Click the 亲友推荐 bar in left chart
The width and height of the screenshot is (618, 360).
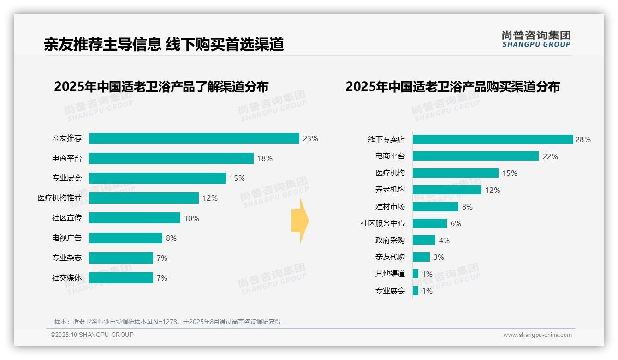point(194,138)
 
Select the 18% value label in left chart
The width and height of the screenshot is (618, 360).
point(265,158)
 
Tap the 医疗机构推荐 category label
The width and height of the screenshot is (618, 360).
point(59,198)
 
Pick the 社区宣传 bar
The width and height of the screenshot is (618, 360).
point(134,218)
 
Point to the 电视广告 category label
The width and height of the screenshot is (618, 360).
point(66,238)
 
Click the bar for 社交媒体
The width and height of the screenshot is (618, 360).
point(121,278)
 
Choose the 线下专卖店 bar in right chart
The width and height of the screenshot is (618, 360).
point(493,139)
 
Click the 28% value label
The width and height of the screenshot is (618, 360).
point(583,139)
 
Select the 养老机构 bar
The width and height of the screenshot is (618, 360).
point(447,190)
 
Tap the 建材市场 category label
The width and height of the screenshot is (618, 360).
point(390,207)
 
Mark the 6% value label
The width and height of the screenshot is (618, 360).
point(456,223)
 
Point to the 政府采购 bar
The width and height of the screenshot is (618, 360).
point(424,240)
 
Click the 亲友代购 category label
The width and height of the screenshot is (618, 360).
point(390,257)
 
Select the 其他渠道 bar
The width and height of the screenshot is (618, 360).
point(416,274)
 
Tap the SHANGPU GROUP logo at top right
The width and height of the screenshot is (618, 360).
point(536,39)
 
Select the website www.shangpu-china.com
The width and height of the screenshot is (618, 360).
point(537,335)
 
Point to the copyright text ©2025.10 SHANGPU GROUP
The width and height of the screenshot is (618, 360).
point(92,335)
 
